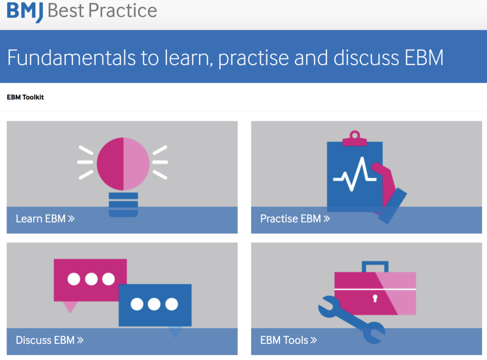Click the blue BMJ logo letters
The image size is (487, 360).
[25, 12]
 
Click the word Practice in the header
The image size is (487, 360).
[123, 10]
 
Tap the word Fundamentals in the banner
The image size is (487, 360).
[71, 58]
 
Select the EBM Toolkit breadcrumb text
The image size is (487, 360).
[25, 97]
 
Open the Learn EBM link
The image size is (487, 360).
[45, 219]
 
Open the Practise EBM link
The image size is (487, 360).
[295, 219]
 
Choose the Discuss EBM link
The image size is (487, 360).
[49, 340]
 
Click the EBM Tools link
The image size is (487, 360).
[289, 340]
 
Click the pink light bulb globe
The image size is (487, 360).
[123, 164]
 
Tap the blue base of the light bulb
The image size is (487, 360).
[123, 204]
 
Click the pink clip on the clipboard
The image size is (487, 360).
[354, 138]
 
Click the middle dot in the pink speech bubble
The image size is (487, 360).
[91, 279]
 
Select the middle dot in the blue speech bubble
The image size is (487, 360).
[155, 304]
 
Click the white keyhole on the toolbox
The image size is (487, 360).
[375, 299]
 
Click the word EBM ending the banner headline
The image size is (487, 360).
[425, 58]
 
